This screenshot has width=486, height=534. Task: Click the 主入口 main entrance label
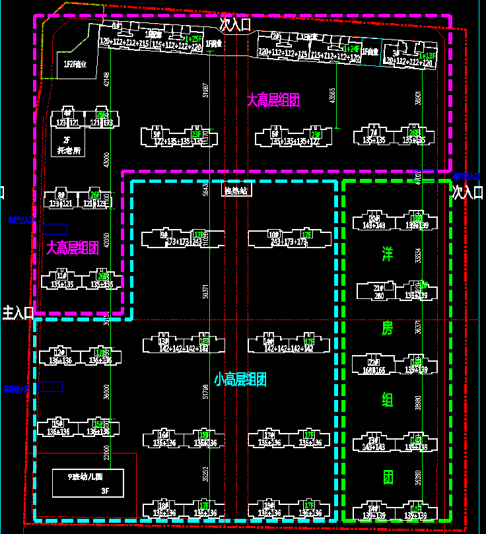tap(17, 312)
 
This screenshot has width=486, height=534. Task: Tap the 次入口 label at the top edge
tap(236, 25)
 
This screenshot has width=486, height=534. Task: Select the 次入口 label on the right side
tap(469, 192)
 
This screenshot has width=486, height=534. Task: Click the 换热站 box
tap(236, 191)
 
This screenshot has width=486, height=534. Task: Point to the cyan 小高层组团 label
tap(240, 379)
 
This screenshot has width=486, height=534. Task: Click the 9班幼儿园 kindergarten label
tap(87, 476)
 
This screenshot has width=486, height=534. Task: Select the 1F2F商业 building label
tap(75, 64)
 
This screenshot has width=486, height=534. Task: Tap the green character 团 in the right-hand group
tap(388, 477)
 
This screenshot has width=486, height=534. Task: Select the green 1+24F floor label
tap(352, 50)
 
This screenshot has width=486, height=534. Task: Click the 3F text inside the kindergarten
tap(104, 491)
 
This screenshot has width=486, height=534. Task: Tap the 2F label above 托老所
tap(66, 140)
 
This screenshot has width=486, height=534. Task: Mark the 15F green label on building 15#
tap(99, 424)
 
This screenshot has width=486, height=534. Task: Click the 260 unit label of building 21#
tap(379, 296)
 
